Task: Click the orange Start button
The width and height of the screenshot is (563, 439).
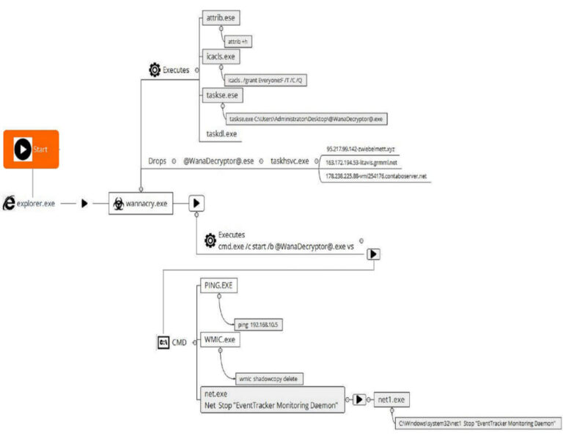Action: (31, 150)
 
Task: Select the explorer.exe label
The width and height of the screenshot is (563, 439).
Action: (38, 204)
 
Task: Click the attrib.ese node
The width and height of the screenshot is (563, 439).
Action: (221, 17)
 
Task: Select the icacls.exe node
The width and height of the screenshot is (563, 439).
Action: (220, 56)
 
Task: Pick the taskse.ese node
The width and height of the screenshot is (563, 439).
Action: (221, 95)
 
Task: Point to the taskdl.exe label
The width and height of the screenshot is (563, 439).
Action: (221, 134)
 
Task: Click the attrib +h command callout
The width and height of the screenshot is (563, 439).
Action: (238, 42)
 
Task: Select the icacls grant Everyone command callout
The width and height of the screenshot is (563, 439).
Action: (265, 80)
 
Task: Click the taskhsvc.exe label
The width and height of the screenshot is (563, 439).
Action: (290, 161)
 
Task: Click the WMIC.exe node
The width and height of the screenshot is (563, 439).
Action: (219, 340)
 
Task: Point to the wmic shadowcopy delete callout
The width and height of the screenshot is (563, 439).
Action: (268, 379)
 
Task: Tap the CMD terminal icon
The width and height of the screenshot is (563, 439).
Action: (163, 342)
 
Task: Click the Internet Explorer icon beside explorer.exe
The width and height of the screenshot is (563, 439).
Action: (10, 204)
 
